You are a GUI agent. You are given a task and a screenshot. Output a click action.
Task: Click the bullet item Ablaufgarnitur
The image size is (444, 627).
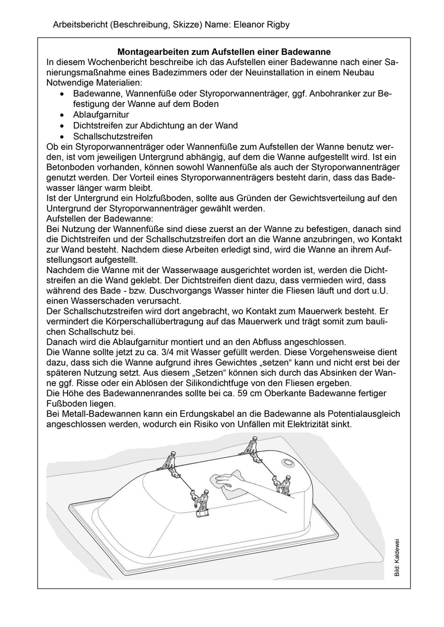click(101, 114)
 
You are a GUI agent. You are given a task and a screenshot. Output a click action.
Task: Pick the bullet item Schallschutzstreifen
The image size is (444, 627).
click(113, 136)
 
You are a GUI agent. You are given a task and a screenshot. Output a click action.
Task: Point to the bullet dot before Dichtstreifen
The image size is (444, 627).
click(62, 126)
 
